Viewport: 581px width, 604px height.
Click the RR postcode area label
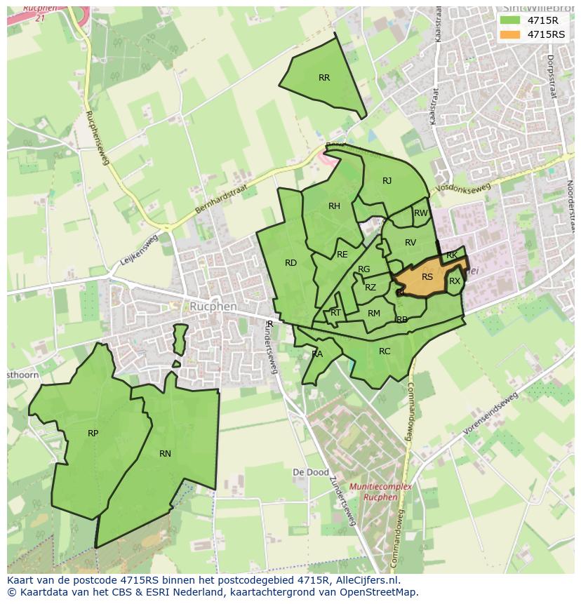(323, 78)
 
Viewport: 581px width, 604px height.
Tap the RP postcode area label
(93, 434)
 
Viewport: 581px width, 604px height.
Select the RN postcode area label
(165, 454)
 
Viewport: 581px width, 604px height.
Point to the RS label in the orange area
(427, 277)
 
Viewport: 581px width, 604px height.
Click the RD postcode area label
(290, 263)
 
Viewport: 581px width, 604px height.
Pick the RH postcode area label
(334, 206)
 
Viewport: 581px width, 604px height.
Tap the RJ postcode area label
(387, 181)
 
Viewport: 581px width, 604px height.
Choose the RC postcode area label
(385, 351)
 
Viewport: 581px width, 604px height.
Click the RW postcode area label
(421, 213)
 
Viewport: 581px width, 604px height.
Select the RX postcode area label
(455, 281)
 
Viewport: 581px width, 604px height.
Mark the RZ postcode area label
(370, 288)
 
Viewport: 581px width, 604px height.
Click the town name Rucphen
(213, 307)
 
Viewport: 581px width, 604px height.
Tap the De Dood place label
(310, 472)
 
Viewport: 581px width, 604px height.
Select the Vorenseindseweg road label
(490, 413)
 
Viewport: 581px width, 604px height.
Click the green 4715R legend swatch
(509, 20)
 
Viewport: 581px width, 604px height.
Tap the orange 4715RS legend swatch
(509, 34)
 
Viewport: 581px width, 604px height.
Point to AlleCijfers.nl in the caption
(366, 580)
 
